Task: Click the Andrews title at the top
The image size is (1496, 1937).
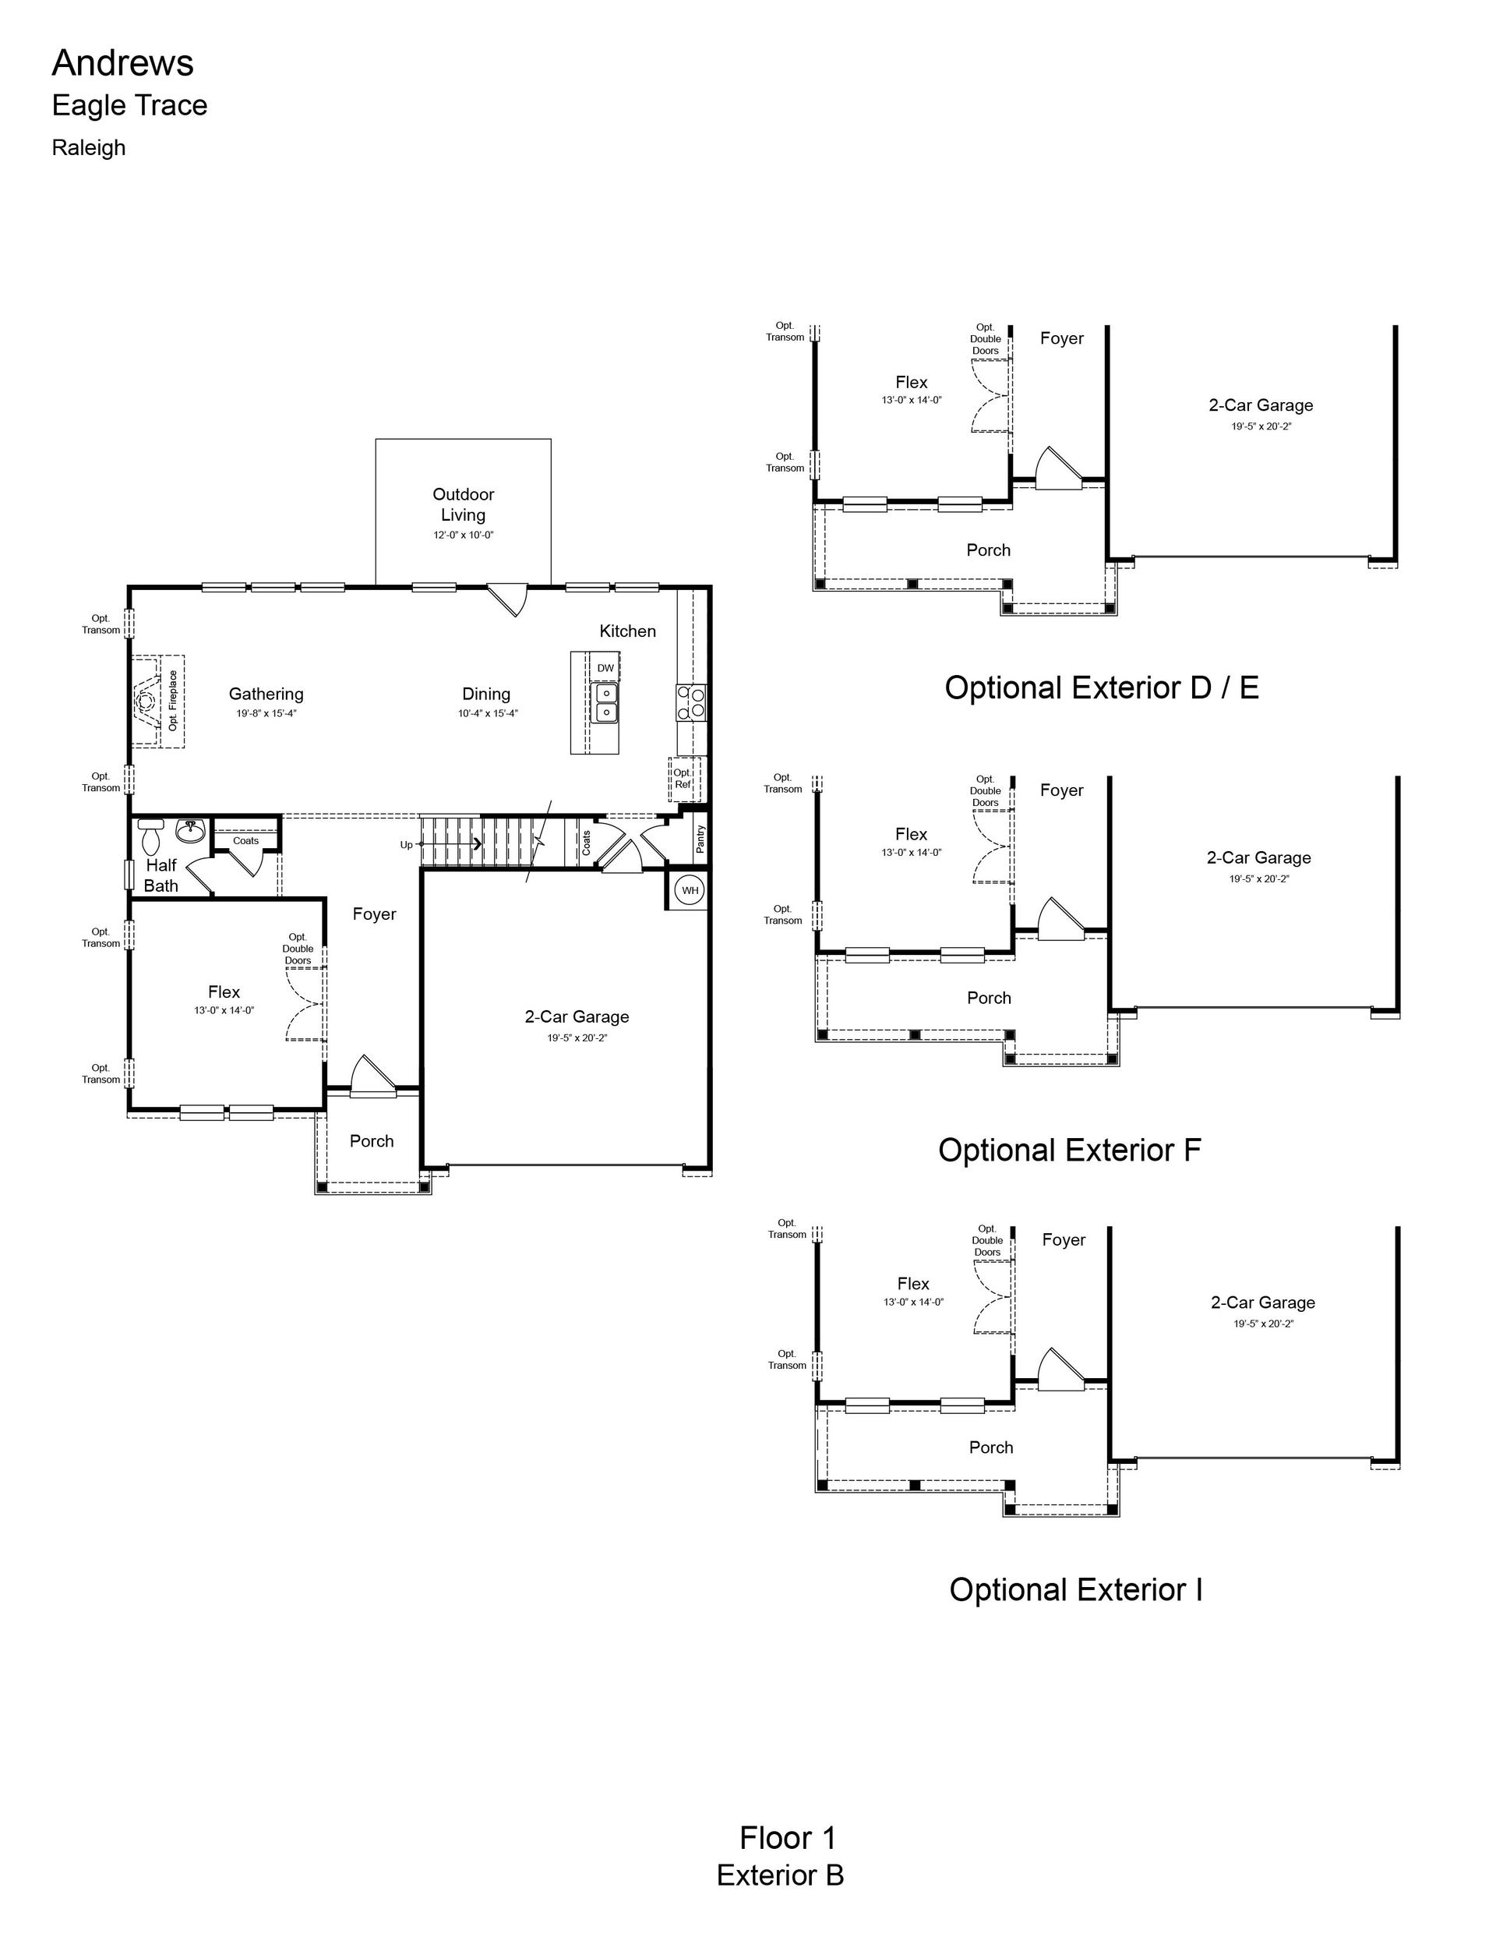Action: coord(122,63)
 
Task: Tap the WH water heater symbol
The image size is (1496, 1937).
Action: coord(690,890)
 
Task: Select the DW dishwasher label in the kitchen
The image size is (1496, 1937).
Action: coord(605,668)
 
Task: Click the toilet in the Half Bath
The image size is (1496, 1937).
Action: coord(152,836)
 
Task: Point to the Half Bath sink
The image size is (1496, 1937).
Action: coord(190,830)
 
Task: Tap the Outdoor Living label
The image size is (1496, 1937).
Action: coord(463,504)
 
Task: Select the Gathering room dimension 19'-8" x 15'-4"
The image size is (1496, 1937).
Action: coord(266,713)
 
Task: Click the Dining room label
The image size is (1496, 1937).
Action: coord(486,694)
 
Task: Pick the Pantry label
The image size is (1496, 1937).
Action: coord(700,839)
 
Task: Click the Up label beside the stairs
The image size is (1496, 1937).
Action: coord(406,844)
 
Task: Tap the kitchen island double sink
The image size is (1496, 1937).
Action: coord(605,702)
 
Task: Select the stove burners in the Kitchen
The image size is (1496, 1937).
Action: coord(692,702)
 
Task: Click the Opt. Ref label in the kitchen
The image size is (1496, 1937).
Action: coord(683,779)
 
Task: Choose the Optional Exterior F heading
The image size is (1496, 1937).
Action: coord(1070,1151)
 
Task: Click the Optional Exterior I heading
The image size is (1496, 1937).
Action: coord(1076,1589)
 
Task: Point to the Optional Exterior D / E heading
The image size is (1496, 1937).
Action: coord(1102,687)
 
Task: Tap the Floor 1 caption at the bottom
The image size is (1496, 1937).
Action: coord(788,1838)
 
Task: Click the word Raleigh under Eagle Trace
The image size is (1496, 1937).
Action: coord(89,148)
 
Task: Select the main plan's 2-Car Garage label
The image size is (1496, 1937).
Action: coord(577,1016)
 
